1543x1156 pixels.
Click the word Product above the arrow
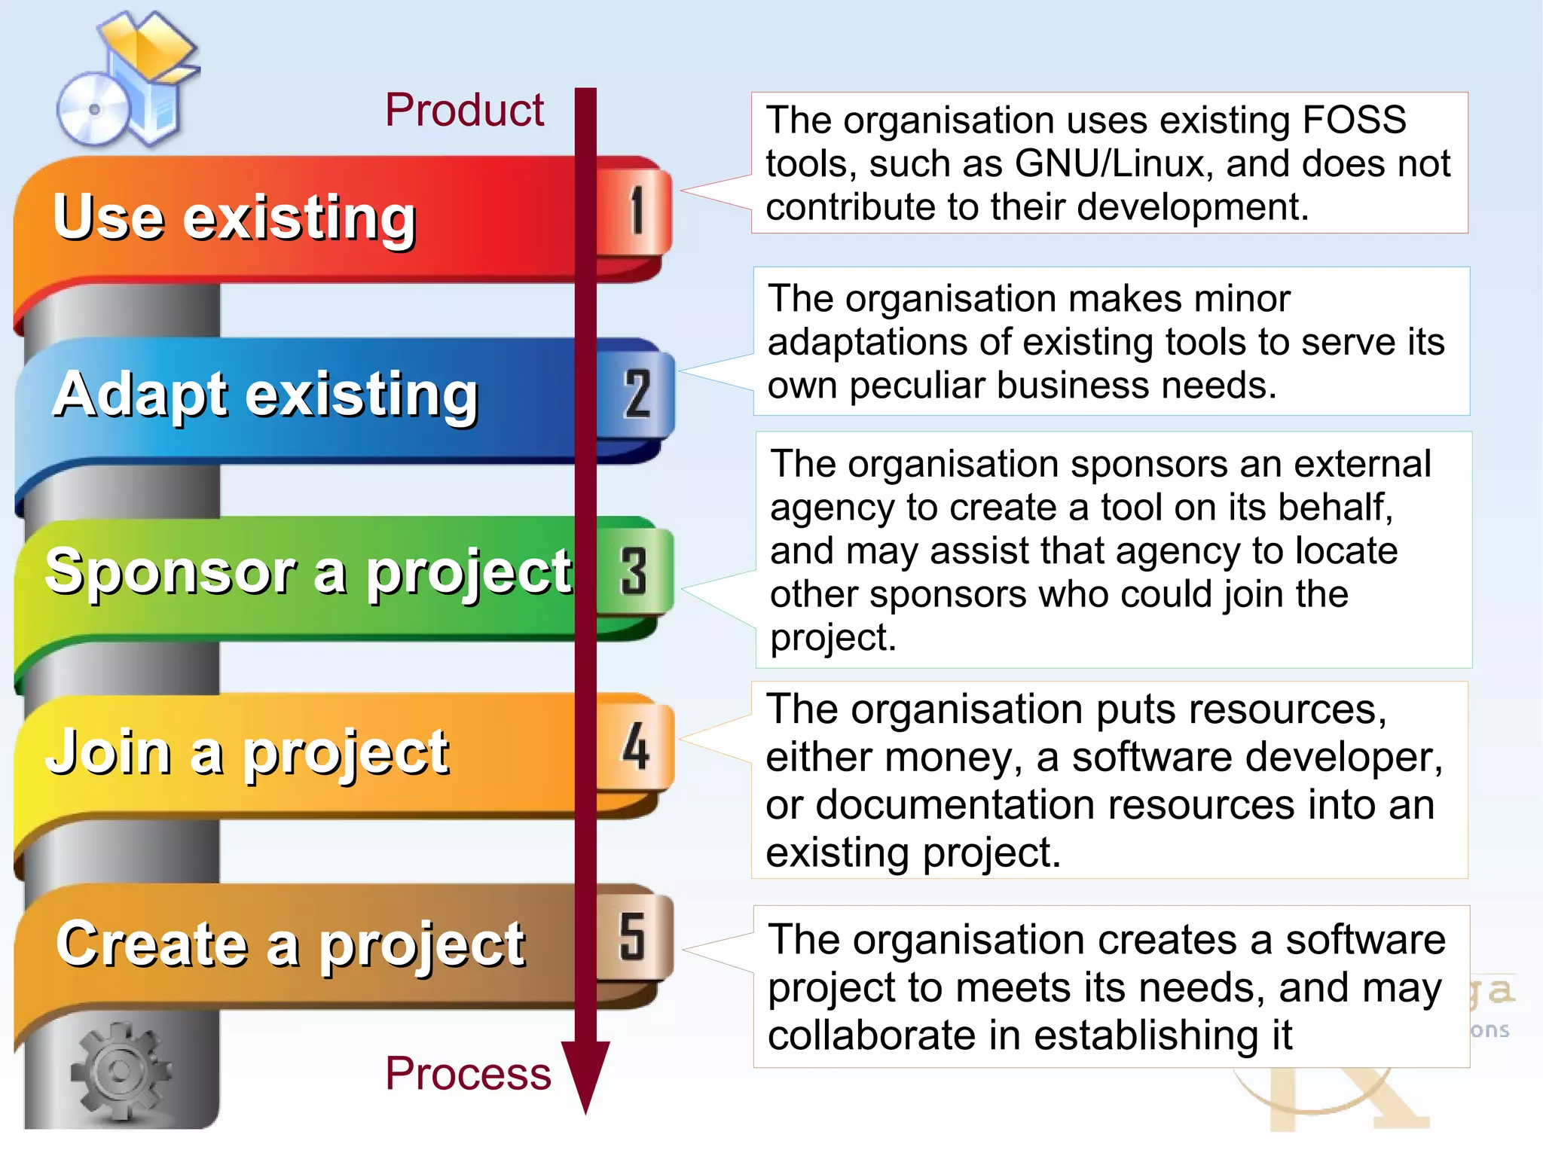point(464,111)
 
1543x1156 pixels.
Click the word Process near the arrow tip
point(468,1073)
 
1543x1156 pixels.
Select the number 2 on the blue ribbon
point(637,393)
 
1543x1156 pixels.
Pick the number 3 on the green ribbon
point(634,572)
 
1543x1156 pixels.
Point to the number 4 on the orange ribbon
point(636,746)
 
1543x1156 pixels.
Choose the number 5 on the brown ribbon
point(632,937)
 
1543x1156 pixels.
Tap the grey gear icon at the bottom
point(119,1070)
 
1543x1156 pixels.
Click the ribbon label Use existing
point(234,218)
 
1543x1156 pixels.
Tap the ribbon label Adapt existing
point(265,395)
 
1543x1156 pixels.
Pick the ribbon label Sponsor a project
point(308,572)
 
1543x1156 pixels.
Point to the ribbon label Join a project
point(248,752)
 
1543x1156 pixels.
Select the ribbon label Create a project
point(290,944)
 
